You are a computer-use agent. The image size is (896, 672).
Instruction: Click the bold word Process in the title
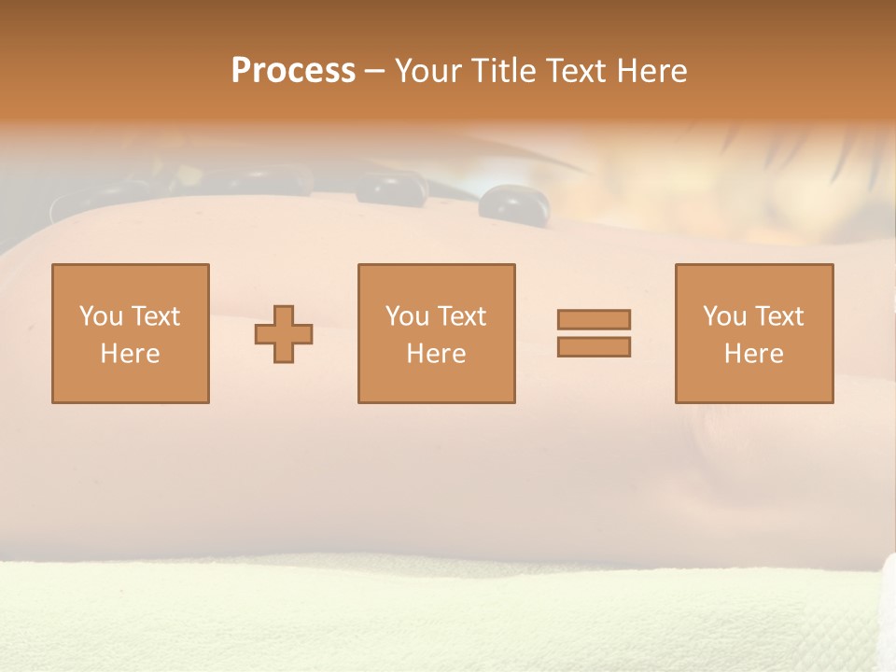tap(293, 71)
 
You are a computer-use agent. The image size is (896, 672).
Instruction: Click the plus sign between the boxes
tap(284, 334)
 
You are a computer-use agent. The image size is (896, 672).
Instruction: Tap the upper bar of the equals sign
tap(594, 319)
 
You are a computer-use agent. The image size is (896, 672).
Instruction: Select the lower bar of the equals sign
tap(594, 346)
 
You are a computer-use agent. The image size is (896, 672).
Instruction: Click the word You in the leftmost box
tap(100, 316)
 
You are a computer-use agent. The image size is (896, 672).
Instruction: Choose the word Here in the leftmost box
tap(130, 354)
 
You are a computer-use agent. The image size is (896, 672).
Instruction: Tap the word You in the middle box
tap(406, 316)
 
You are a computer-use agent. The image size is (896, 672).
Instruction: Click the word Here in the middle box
tap(436, 354)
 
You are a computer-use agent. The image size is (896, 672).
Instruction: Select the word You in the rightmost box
tap(723, 316)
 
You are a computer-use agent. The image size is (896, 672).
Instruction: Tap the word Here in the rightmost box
tap(753, 354)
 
